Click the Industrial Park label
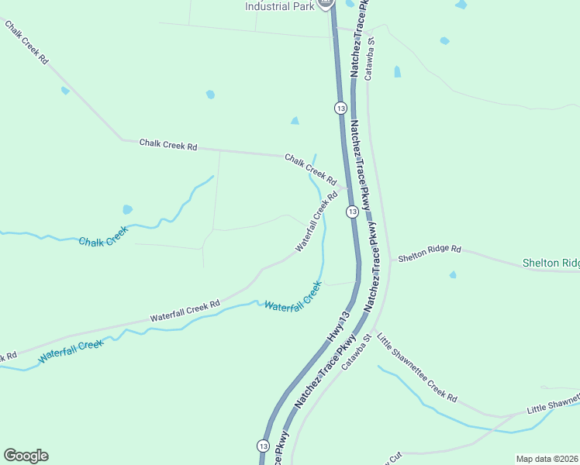(x=279, y=6)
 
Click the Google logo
(x=26, y=456)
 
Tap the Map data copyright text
(x=547, y=458)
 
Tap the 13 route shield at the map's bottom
(x=264, y=446)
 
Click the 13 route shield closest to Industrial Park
(x=340, y=107)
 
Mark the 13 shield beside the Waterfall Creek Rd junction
(x=352, y=212)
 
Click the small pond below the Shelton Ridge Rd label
(x=452, y=275)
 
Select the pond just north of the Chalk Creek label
(x=127, y=209)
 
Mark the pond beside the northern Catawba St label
(x=398, y=71)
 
